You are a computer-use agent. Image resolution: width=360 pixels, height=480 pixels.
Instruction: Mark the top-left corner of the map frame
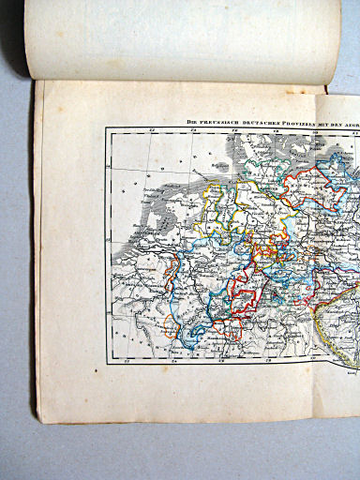coord(106,128)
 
